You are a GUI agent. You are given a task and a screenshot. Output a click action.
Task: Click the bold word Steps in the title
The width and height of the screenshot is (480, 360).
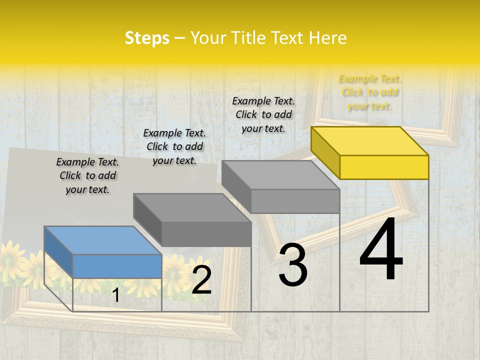point(147,38)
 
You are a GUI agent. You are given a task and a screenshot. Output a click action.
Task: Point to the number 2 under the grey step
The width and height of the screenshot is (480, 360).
point(201,280)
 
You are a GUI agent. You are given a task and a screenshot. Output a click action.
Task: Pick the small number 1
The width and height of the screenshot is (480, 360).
point(116,295)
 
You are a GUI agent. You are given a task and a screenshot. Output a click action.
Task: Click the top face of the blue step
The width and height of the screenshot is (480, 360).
point(102,240)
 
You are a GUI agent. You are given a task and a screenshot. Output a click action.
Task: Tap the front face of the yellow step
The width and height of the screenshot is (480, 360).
point(384,167)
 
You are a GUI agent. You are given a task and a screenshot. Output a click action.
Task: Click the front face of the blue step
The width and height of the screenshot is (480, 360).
point(117,266)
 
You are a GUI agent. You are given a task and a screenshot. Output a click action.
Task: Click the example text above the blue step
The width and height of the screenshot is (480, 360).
point(87,176)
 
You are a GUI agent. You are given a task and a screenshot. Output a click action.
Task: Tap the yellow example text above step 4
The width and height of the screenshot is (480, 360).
point(369,92)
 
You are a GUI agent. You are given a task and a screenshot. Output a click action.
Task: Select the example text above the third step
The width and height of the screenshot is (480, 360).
point(263,114)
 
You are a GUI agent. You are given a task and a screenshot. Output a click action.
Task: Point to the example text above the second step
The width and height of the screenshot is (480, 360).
point(174,146)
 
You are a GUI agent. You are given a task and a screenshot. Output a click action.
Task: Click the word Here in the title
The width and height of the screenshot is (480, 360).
point(327,38)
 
